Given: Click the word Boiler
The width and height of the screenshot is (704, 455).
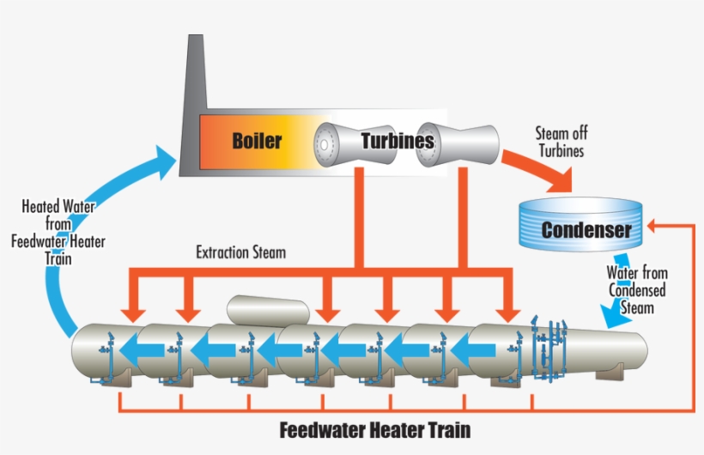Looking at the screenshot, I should (257, 140).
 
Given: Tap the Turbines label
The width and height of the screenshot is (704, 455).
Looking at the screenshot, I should (397, 140).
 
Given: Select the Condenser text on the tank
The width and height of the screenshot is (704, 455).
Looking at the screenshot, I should (586, 230).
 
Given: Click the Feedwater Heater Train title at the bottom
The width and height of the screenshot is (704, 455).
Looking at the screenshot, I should (375, 428).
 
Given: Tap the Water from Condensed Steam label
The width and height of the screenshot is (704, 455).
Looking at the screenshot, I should (638, 290).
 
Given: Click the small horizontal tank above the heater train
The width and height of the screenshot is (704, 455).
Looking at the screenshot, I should (267, 309).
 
